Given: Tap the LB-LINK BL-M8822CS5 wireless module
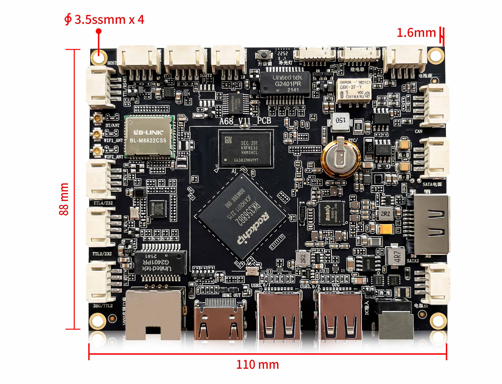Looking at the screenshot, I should (x=150, y=136).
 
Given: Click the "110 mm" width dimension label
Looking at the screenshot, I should (x=257, y=365).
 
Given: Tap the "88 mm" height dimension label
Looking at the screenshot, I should (x=64, y=199).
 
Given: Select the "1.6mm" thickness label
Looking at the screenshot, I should (x=416, y=33).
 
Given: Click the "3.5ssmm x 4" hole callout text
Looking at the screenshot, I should (x=109, y=20).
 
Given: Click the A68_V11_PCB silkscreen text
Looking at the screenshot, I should (x=245, y=121).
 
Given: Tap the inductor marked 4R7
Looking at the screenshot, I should (x=396, y=256).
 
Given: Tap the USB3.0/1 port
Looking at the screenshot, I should (x=278, y=316).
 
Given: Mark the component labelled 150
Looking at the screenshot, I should (x=340, y=121).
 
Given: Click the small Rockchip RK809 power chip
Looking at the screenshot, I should (x=331, y=213).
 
